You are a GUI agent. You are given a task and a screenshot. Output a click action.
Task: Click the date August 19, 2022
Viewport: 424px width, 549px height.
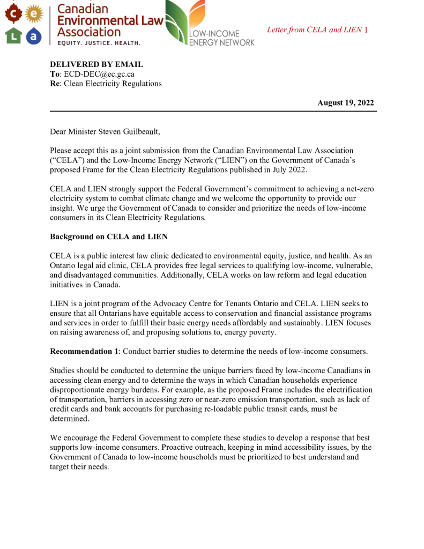point(345,103)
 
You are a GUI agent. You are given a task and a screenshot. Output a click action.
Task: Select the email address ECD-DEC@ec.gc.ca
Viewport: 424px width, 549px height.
point(99,74)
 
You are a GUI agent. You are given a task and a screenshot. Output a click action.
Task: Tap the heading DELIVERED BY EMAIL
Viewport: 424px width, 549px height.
point(96,64)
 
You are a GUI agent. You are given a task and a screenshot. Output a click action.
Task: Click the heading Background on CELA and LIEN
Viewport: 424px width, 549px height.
point(109,236)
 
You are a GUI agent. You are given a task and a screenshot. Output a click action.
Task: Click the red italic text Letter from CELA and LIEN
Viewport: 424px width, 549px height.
point(314,29)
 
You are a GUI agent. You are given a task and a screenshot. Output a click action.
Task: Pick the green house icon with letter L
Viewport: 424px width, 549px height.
point(13,36)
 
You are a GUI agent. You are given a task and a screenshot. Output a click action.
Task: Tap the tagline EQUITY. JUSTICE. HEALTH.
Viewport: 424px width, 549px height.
point(99,42)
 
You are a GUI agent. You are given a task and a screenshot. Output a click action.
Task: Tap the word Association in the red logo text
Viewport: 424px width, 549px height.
point(89,32)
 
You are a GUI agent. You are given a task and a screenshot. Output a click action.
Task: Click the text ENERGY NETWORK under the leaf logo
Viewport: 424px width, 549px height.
point(222,42)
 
